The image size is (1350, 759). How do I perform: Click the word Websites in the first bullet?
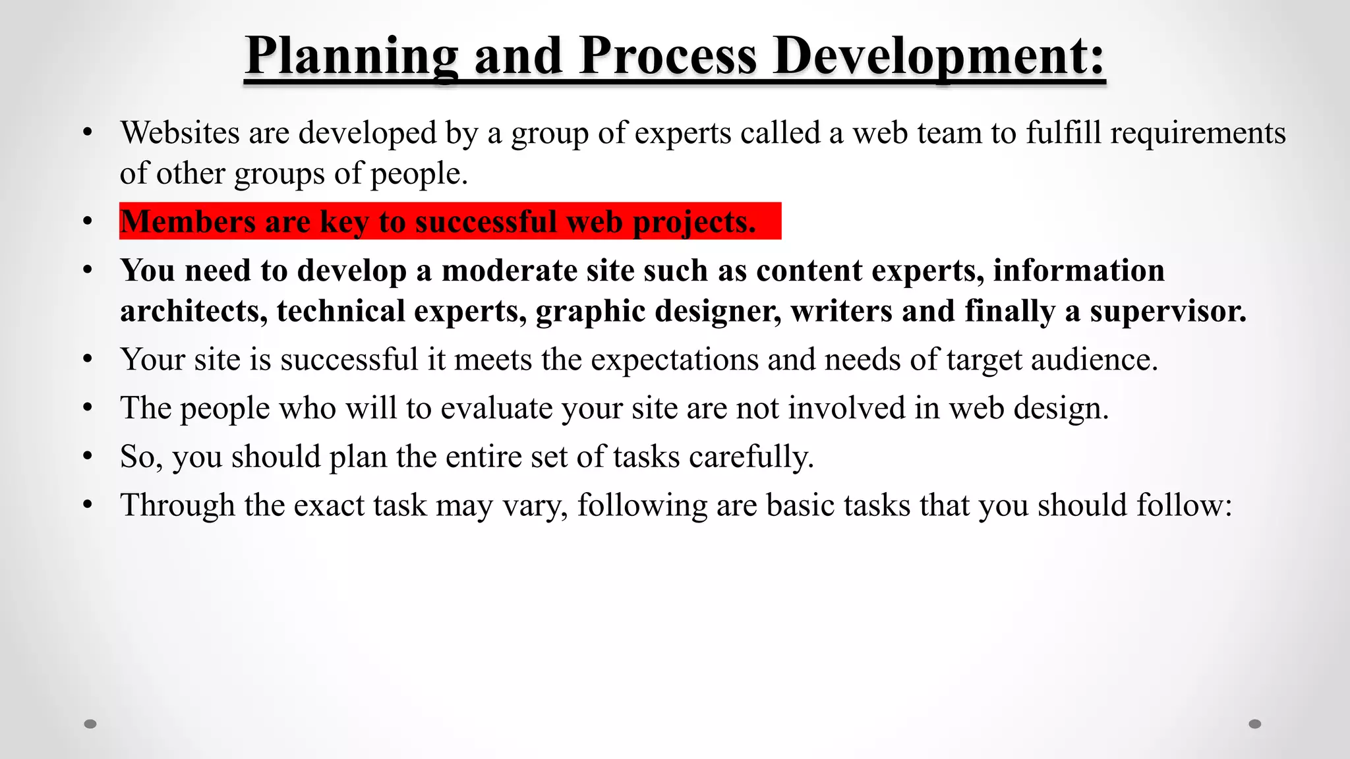click(x=180, y=133)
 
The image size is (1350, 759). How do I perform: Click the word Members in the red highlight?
click(x=188, y=221)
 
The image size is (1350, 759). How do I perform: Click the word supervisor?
click(x=1168, y=312)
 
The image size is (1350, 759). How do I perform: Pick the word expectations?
click(x=674, y=360)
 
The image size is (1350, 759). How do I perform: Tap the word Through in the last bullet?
click(x=177, y=506)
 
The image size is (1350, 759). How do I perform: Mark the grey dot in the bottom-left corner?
click(x=90, y=724)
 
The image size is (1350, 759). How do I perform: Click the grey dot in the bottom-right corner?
click(x=1255, y=724)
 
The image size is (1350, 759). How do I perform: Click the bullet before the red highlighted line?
click(x=88, y=222)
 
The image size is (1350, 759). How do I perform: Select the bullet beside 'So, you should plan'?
click(x=88, y=457)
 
